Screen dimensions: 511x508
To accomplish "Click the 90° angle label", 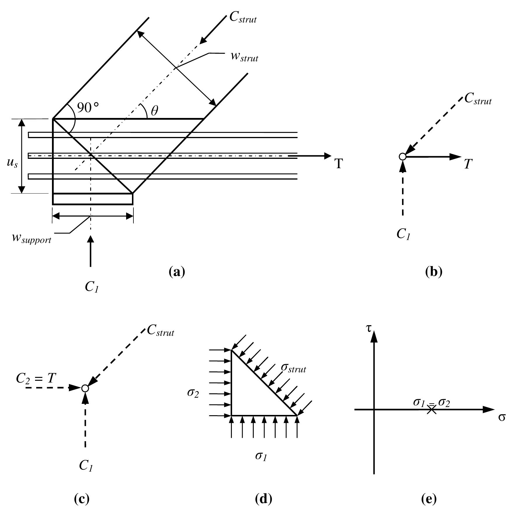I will point(88,108).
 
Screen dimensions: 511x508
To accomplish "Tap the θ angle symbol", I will point(154,111).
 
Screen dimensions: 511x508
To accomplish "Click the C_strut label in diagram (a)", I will point(243,18).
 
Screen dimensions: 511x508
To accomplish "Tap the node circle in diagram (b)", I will point(402,157).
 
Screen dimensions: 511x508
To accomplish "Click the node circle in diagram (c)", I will point(85,388).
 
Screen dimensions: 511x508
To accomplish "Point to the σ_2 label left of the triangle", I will point(193,393).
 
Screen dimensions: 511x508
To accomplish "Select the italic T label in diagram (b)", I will point(468,164).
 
